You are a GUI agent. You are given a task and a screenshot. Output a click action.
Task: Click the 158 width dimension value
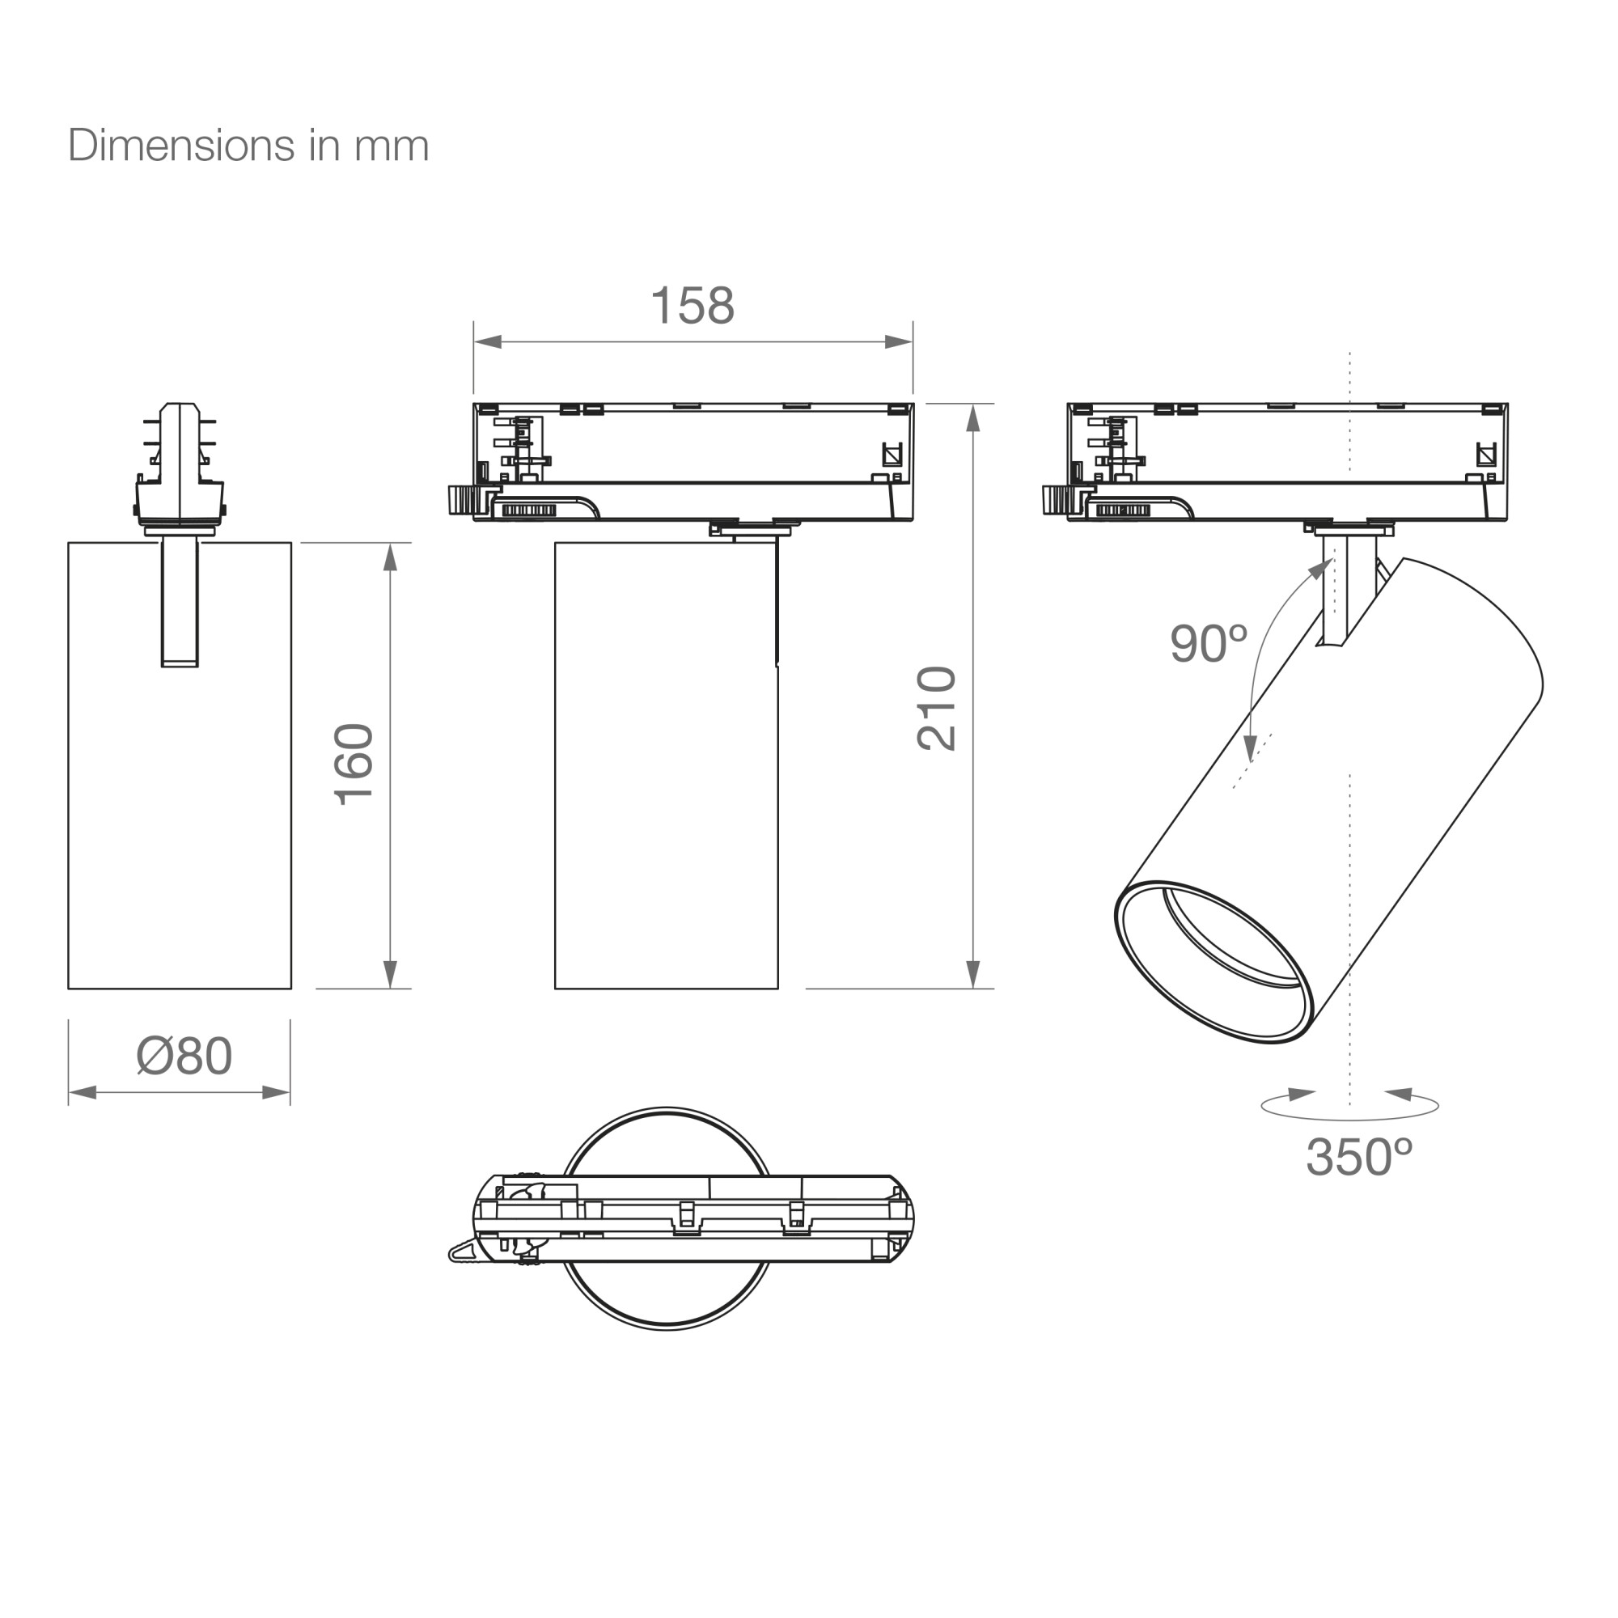[x=693, y=306]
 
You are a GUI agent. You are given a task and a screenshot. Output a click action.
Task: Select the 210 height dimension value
[x=936, y=709]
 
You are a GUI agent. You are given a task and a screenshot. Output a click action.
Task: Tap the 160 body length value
[x=354, y=764]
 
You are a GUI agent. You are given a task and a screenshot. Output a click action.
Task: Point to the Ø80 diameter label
[x=184, y=1056]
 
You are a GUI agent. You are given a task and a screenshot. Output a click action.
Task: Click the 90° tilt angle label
[x=1209, y=643]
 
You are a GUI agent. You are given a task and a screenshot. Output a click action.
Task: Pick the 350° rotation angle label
[x=1359, y=1158]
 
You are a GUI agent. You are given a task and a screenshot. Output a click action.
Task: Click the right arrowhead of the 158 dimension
[x=900, y=341]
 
